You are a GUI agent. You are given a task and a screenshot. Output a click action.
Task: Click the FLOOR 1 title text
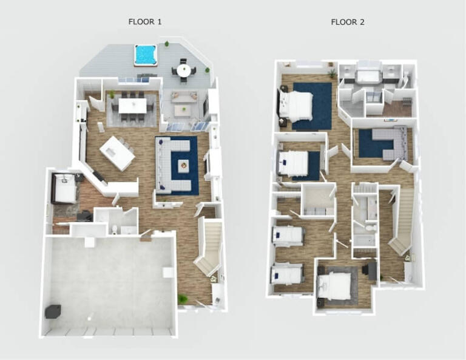pos(144,22)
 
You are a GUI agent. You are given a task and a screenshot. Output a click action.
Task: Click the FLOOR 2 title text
pos(347,22)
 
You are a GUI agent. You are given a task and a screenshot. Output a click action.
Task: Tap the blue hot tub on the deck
pos(145,55)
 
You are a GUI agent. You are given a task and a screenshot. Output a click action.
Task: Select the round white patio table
pos(183,70)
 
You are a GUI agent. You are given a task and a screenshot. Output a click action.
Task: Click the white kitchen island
pos(118,152)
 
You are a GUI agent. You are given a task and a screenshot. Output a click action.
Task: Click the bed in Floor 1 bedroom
pos(65,188)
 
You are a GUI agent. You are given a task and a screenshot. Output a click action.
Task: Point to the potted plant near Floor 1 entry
pos(183,299)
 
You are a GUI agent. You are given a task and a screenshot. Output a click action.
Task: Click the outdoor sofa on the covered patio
pos(183,96)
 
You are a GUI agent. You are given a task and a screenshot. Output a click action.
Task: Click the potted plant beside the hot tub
pos(167,44)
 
